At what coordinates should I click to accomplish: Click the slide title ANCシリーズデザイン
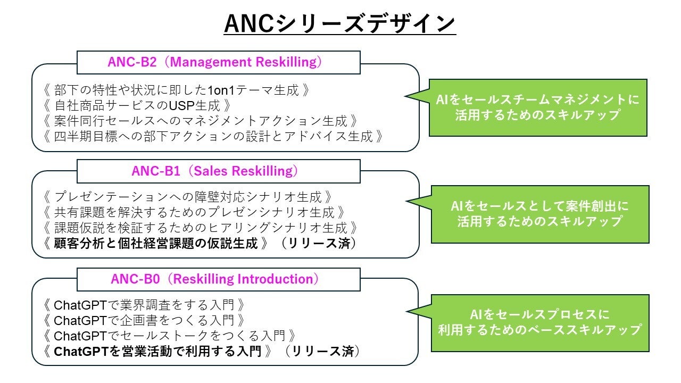[x=339, y=23]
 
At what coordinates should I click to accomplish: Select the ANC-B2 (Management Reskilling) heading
[x=214, y=62]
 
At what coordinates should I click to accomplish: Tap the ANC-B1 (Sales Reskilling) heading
[x=214, y=171]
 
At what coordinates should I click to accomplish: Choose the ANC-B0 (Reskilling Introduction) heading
[x=214, y=279]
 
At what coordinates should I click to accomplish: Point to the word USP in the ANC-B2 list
[x=181, y=105]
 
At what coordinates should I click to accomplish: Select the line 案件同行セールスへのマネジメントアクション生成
[x=201, y=121]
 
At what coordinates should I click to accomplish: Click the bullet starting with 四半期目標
[x=213, y=137]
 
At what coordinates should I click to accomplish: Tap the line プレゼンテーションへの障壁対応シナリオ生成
[x=188, y=197]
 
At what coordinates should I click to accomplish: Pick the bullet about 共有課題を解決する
[x=194, y=212]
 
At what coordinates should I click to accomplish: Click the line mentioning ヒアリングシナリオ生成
[x=201, y=228]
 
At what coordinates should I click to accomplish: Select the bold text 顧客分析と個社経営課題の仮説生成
[x=156, y=244]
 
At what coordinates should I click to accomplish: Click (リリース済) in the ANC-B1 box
[x=319, y=244]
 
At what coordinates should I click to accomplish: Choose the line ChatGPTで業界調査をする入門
[x=144, y=305]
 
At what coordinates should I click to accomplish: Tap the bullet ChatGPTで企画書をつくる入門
[x=144, y=321]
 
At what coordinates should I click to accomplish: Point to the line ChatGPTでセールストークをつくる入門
[x=170, y=336]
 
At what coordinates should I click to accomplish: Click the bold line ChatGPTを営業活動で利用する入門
[x=157, y=352]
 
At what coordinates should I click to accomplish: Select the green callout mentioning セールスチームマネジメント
[x=538, y=107]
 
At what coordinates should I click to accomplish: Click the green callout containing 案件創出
[x=540, y=214]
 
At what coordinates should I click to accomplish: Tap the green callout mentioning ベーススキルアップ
[x=540, y=323]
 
